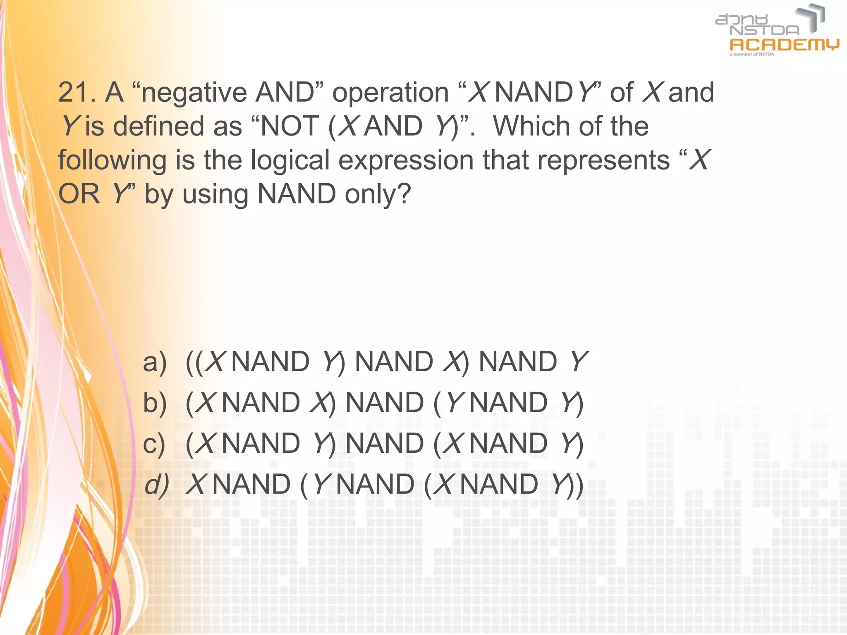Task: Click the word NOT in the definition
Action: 290,126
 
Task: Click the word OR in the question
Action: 79,194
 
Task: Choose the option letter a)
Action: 155,362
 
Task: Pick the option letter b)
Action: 155,403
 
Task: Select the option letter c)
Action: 154,444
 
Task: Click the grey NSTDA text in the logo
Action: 764,30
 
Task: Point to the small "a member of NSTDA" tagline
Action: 751,54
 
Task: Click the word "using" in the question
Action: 215,195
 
